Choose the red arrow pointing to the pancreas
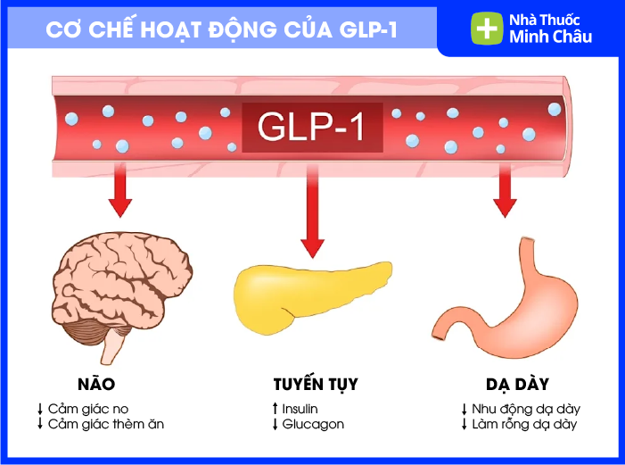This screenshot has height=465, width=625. point(313,214)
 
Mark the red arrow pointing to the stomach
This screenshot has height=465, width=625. point(505,191)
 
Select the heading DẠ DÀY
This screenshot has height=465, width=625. point(512,385)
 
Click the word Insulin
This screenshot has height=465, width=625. point(300,409)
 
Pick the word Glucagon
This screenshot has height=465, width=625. point(313,425)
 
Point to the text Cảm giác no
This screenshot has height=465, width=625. point(89,409)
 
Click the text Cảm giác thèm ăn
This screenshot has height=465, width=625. point(106,425)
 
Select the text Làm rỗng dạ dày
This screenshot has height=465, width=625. point(524,425)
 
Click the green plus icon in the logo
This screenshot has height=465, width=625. point(486,28)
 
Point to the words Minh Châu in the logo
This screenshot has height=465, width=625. point(550,37)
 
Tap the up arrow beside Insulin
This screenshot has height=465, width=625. point(275,409)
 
